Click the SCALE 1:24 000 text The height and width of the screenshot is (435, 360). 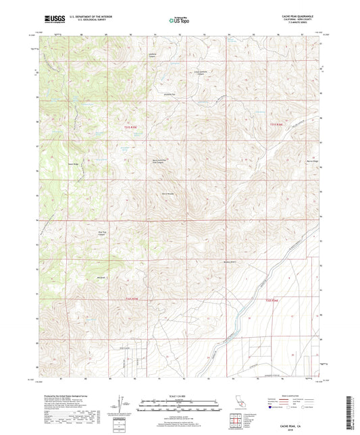[179, 394]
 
